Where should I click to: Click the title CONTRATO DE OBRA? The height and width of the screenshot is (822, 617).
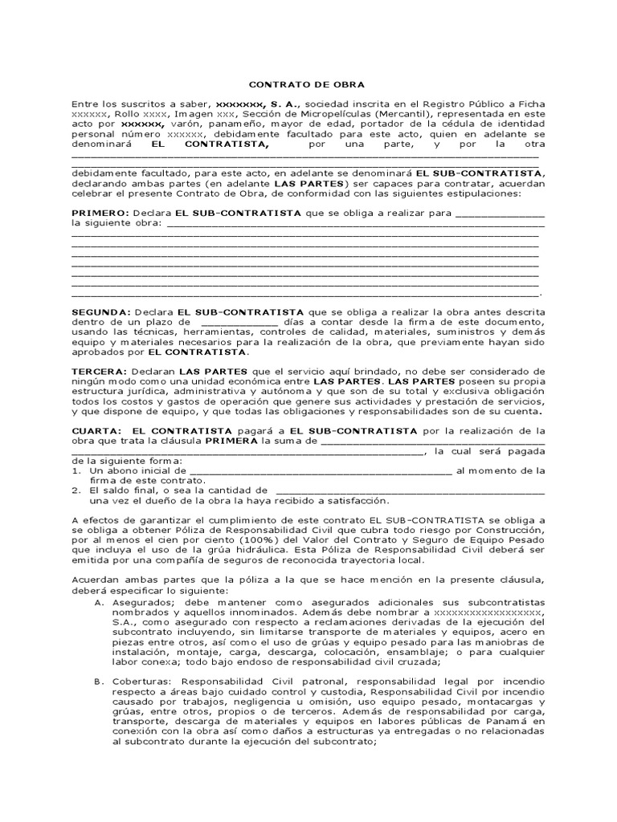(307, 83)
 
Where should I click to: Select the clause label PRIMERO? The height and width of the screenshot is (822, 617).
(100, 213)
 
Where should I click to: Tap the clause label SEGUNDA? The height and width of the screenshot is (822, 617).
(100, 311)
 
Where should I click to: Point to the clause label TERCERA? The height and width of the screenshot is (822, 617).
(99, 372)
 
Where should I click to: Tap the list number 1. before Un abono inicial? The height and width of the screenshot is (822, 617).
(76, 471)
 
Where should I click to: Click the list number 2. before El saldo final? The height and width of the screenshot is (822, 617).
(76, 490)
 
